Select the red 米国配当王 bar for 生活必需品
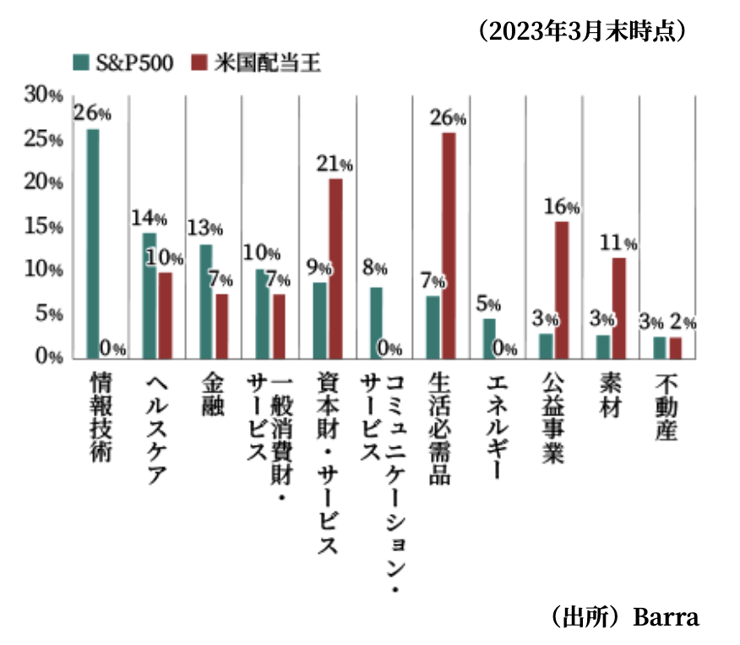pyautogui.click(x=449, y=245)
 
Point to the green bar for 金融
pyautogui.click(x=206, y=301)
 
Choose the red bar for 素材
pyautogui.click(x=619, y=307)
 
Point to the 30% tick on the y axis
pyautogui.click(x=43, y=95)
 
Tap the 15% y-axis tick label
pyautogui.click(x=43, y=227)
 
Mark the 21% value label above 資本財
pyautogui.click(x=335, y=165)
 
